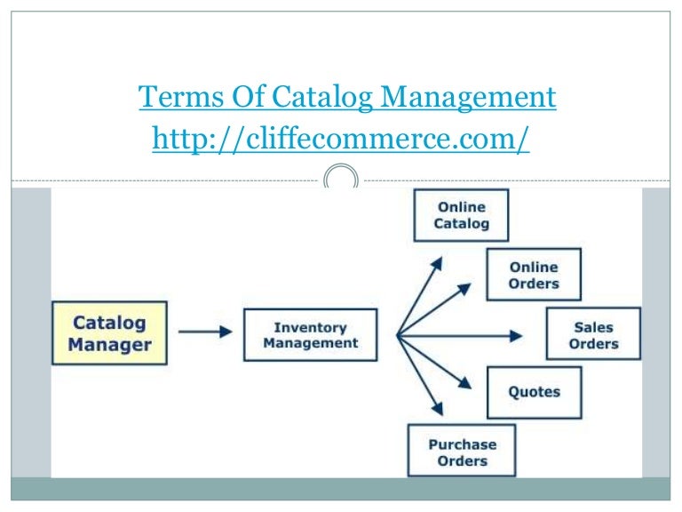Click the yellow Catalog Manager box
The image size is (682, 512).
point(109,333)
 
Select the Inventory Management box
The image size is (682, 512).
point(310,335)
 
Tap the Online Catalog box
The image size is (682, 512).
point(461,215)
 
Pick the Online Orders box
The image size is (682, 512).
point(534,275)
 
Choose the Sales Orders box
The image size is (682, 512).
point(592,334)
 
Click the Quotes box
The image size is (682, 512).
point(534,392)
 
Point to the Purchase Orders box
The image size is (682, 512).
point(462,452)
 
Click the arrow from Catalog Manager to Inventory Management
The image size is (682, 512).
point(205,332)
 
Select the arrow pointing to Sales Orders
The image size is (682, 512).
point(462,335)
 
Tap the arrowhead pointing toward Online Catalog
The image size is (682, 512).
point(436,262)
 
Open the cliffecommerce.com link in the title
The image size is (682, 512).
point(341,138)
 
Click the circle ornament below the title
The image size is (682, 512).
point(341,178)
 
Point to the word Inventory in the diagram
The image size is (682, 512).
point(310,327)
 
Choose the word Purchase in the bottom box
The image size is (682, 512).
point(462,444)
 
